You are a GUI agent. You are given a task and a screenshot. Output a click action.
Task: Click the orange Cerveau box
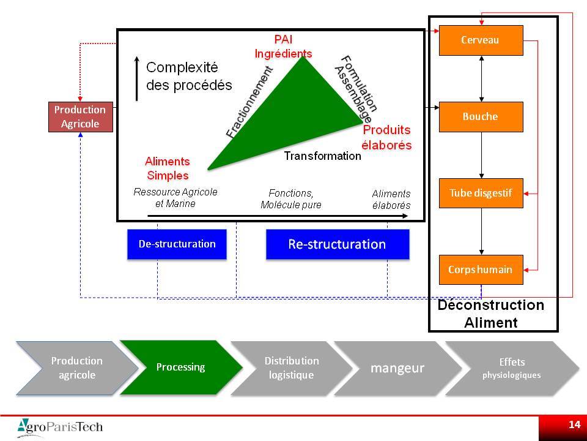tap(481, 40)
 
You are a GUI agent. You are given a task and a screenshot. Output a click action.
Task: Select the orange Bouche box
tap(481, 116)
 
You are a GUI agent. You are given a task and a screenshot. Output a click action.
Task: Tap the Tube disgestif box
tap(481, 193)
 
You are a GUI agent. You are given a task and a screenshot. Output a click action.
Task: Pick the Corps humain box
tap(481, 269)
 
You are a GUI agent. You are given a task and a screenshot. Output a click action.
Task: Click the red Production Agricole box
tap(81, 116)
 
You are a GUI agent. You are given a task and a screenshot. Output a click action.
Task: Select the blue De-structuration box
tap(177, 244)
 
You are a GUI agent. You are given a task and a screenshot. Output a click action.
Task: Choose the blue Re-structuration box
tap(338, 244)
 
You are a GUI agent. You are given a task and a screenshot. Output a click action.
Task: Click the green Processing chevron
tap(181, 367)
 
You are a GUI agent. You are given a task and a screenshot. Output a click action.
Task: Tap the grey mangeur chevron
tap(397, 368)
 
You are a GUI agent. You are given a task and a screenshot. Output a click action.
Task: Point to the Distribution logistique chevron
tap(292, 368)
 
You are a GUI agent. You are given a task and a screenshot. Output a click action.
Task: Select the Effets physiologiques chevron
tap(512, 368)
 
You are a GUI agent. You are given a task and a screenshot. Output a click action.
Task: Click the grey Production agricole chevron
tap(77, 368)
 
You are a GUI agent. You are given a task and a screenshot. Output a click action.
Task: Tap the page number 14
tap(574, 424)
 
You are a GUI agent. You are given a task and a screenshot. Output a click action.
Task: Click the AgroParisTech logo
tap(60, 427)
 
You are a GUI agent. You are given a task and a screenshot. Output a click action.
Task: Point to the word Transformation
tap(322, 156)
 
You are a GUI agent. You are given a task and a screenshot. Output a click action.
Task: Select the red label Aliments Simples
tap(168, 168)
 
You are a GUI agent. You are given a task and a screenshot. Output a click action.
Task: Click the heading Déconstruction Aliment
tap(491, 314)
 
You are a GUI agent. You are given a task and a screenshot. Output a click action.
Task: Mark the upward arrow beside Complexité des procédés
tap(137, 79)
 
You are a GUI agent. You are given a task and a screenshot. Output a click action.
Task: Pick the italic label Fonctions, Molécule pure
tap(291, 198)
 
